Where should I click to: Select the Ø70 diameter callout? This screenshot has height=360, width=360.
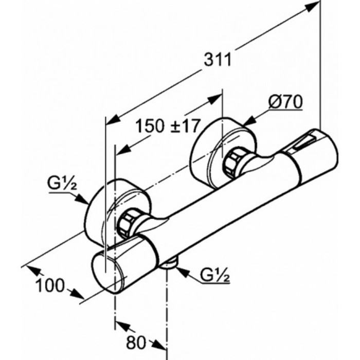click(285, 102)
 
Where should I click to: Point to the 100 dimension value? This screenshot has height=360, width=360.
click(50, 285)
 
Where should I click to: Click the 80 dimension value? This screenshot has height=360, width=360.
click(136, 343)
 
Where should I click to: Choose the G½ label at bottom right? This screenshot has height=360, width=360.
click(215, 275)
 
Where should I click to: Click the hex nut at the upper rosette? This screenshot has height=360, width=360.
click(232, 162)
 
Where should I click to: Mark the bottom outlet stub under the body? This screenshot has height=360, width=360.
click(169, 263)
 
